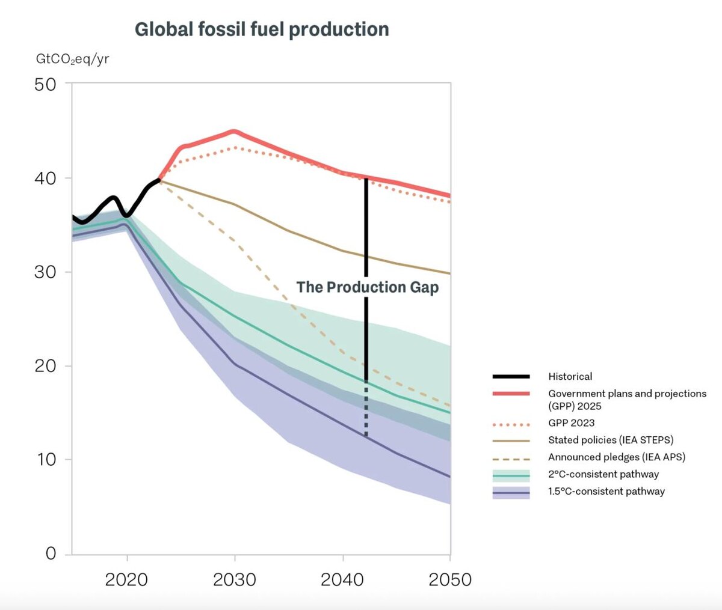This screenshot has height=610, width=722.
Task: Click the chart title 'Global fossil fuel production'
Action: (x=262, y=29)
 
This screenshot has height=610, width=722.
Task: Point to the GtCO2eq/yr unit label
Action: (x=73, y=59)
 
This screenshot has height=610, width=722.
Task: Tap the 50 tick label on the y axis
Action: (x=45, y=84)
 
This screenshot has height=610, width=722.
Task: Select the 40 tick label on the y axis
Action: (x=45, y=178)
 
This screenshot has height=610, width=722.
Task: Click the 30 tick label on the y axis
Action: (x=45, y=272)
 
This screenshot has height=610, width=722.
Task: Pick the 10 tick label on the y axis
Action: (x=45, y=460)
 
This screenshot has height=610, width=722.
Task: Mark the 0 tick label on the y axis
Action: (x=51, y=554)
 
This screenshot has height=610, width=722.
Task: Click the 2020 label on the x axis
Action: (x=126, y=580)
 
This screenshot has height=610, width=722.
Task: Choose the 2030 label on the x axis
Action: (x=235, y=580)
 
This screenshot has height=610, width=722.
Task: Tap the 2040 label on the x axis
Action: (x=342, y=580)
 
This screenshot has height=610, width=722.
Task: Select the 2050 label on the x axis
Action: (x=449, y=580)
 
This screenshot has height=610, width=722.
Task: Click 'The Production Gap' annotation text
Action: (x=368, y=287)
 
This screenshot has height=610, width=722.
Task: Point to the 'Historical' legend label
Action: (x=570, y=377)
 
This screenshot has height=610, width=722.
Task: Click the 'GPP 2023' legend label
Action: (x=571, y=423)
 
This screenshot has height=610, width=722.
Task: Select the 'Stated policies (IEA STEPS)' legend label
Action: (x=611, y=440)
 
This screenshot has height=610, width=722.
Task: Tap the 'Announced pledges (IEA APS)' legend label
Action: (x=616, y=457)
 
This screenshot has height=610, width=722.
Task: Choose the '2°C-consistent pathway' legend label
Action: (x=603, y=474)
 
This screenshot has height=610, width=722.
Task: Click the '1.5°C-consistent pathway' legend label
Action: (x=606, y=492)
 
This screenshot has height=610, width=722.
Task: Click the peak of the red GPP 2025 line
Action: (x=234, y=131)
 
